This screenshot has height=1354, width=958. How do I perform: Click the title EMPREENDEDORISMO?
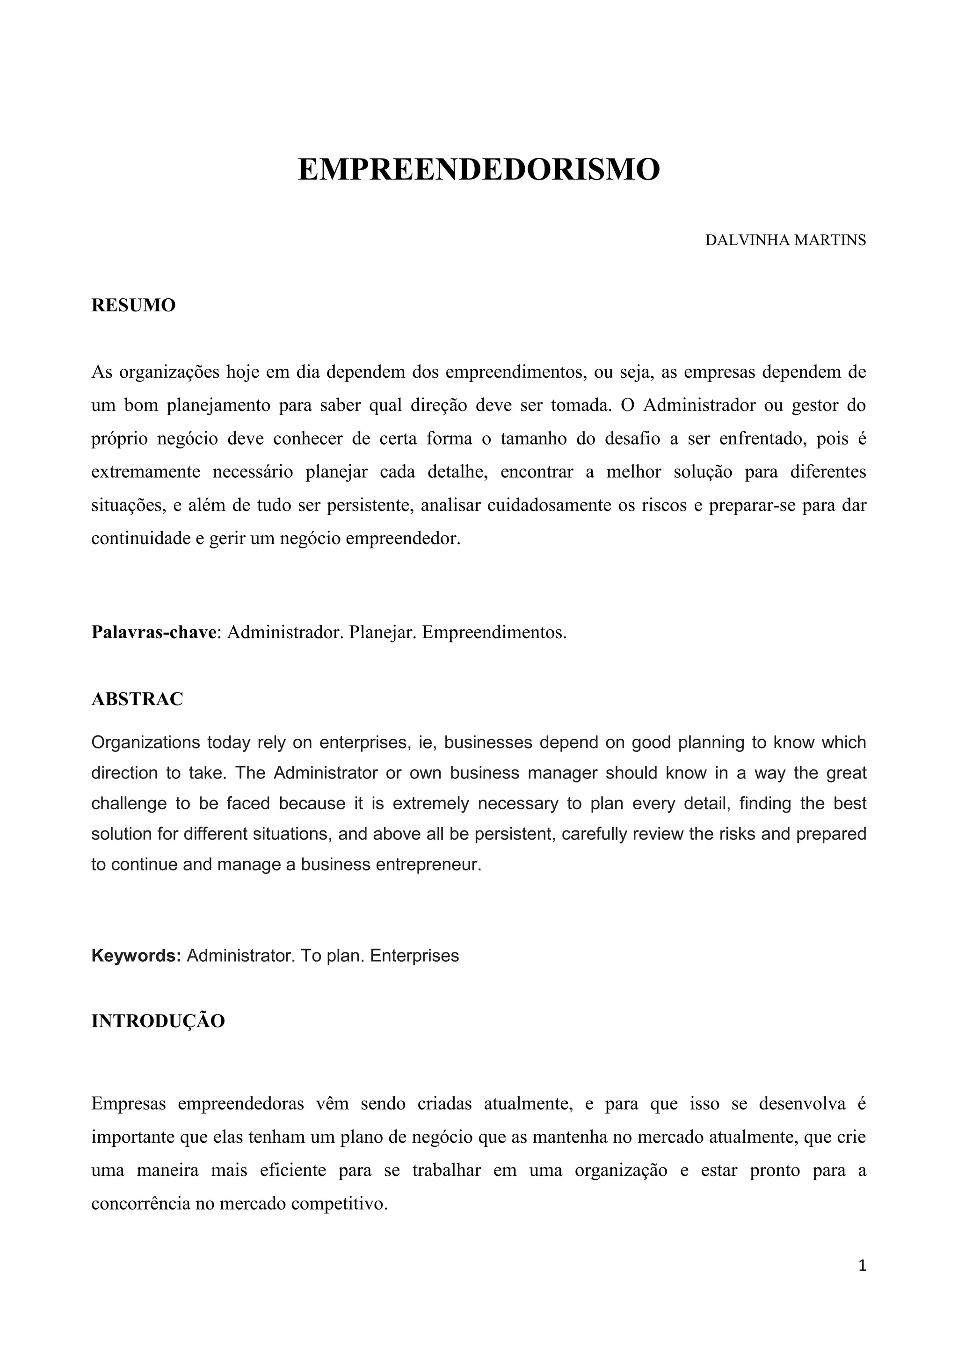[x=479, y=170]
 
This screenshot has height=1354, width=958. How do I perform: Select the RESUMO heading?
[x=133, y=305]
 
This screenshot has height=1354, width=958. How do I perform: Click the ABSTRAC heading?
[x=137, y=699]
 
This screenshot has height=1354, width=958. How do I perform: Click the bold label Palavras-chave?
[x=153, y=632]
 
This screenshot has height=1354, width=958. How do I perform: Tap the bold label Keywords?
[x=136, y=955]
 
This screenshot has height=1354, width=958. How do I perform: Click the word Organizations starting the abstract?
[x=145, y=742]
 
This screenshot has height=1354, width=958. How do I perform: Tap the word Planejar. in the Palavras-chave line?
[x=383, y=632]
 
